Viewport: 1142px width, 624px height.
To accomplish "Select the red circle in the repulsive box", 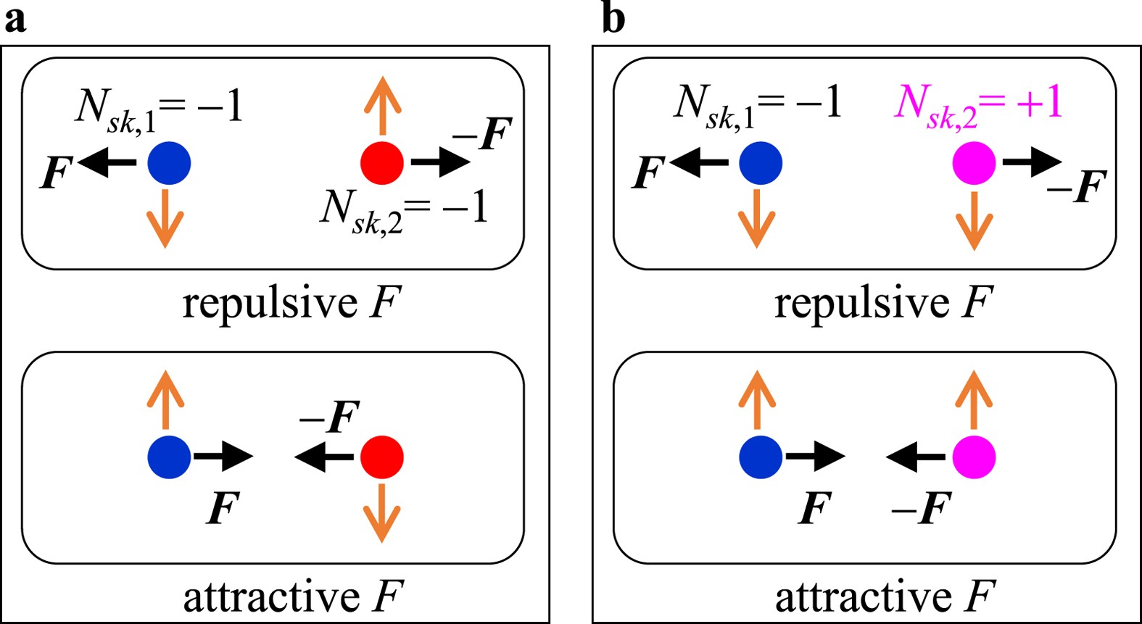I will (382, 163).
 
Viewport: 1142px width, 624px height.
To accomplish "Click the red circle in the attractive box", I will (382, 457).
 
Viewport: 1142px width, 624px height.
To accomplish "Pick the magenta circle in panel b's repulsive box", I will (974, 163).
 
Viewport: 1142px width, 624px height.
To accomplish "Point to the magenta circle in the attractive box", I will (974, 457).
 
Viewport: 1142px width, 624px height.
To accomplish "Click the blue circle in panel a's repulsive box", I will (169, 163).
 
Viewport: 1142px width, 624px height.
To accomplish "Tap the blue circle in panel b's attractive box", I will (761, 457).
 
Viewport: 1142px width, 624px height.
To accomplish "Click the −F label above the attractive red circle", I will (330, 417).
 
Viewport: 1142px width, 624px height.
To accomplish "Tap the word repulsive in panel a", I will (269, 303).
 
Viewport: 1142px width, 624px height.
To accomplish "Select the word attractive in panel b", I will (863, 597).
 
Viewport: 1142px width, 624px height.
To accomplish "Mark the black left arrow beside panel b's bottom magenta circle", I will (916, 457).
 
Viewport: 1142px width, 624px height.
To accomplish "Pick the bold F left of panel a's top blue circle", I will (57, 172).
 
